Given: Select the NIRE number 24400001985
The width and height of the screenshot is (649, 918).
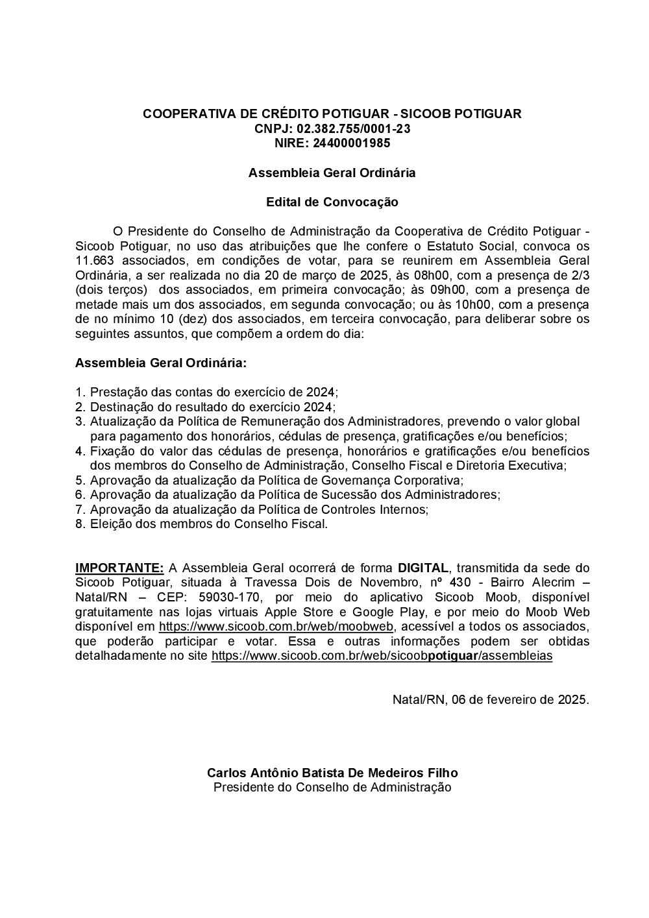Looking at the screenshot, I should pyautogui.click(x=351, y=143).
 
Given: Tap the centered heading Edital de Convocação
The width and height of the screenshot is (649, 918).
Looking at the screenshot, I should pyautogui.click(x=332, y=202).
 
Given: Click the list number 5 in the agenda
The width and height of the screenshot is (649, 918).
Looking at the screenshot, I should pyautogui.click(x=80, y=481).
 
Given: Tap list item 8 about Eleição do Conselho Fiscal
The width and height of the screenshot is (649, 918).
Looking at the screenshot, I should pyautogui.click(x=208, y=524).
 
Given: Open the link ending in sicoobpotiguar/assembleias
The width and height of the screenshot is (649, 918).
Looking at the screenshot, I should pyautogui.click(x=382, y=656).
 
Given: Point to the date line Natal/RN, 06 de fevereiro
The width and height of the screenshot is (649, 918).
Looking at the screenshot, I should pyautogui.click(x=491, y=700).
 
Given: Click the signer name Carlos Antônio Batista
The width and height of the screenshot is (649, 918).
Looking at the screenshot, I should pyautogui.click(x=332, y=773).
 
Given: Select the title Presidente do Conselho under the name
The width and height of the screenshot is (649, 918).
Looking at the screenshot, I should pyautogui.click(x=332, y=788).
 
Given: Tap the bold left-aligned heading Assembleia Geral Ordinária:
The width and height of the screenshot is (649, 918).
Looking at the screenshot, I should pyautogui.click(x=161, y=363).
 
